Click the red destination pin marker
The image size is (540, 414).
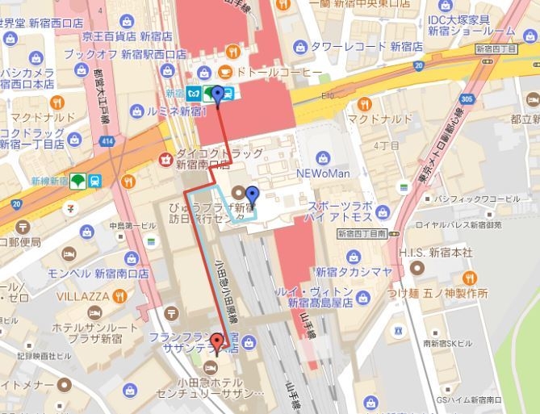pos(216,342)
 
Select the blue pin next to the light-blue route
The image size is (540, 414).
pos(253,194)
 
